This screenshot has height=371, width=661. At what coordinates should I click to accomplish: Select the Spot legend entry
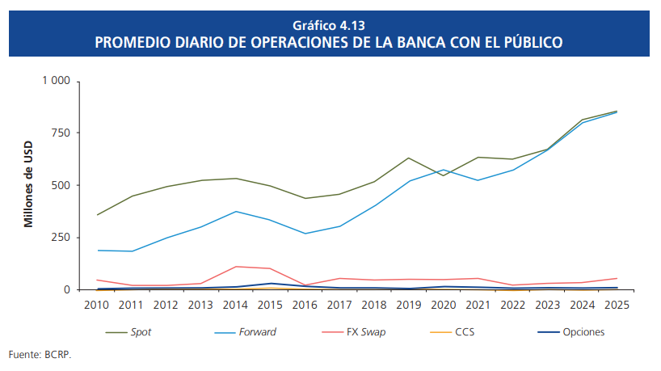point(141,332)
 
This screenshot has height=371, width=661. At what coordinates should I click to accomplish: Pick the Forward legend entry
point(256,332)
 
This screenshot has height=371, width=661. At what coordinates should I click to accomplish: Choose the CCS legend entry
point(465,332)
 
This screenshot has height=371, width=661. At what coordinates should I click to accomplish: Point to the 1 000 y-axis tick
point(56,82)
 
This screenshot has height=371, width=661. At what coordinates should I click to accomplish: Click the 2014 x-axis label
point(235,305)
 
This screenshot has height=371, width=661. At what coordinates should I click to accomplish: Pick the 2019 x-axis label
point(408,305)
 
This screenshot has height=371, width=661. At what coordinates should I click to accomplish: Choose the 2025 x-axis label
point(616,305)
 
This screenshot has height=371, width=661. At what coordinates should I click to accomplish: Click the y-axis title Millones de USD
point(28,185)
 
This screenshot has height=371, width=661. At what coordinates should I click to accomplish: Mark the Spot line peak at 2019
point(408,158)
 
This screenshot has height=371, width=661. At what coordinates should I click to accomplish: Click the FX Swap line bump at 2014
point(235,267)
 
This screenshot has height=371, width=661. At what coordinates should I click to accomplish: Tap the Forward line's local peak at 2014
point(235,212)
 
